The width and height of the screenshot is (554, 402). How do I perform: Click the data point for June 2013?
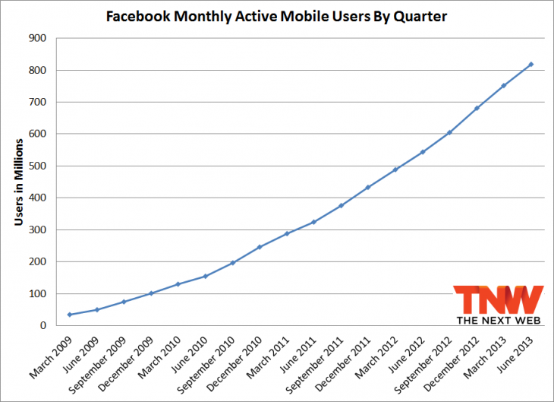tap(530, 64)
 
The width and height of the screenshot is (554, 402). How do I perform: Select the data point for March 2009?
tap(70, 315)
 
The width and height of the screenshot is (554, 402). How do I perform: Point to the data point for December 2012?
tap(477, 108)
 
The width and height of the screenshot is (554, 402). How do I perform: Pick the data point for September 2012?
tap(449, 132)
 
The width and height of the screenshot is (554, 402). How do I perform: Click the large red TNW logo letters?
tap(498, 299)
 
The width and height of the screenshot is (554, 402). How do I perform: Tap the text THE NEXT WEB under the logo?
tap(499, 321)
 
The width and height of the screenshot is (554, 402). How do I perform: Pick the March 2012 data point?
tap(395, 169)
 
